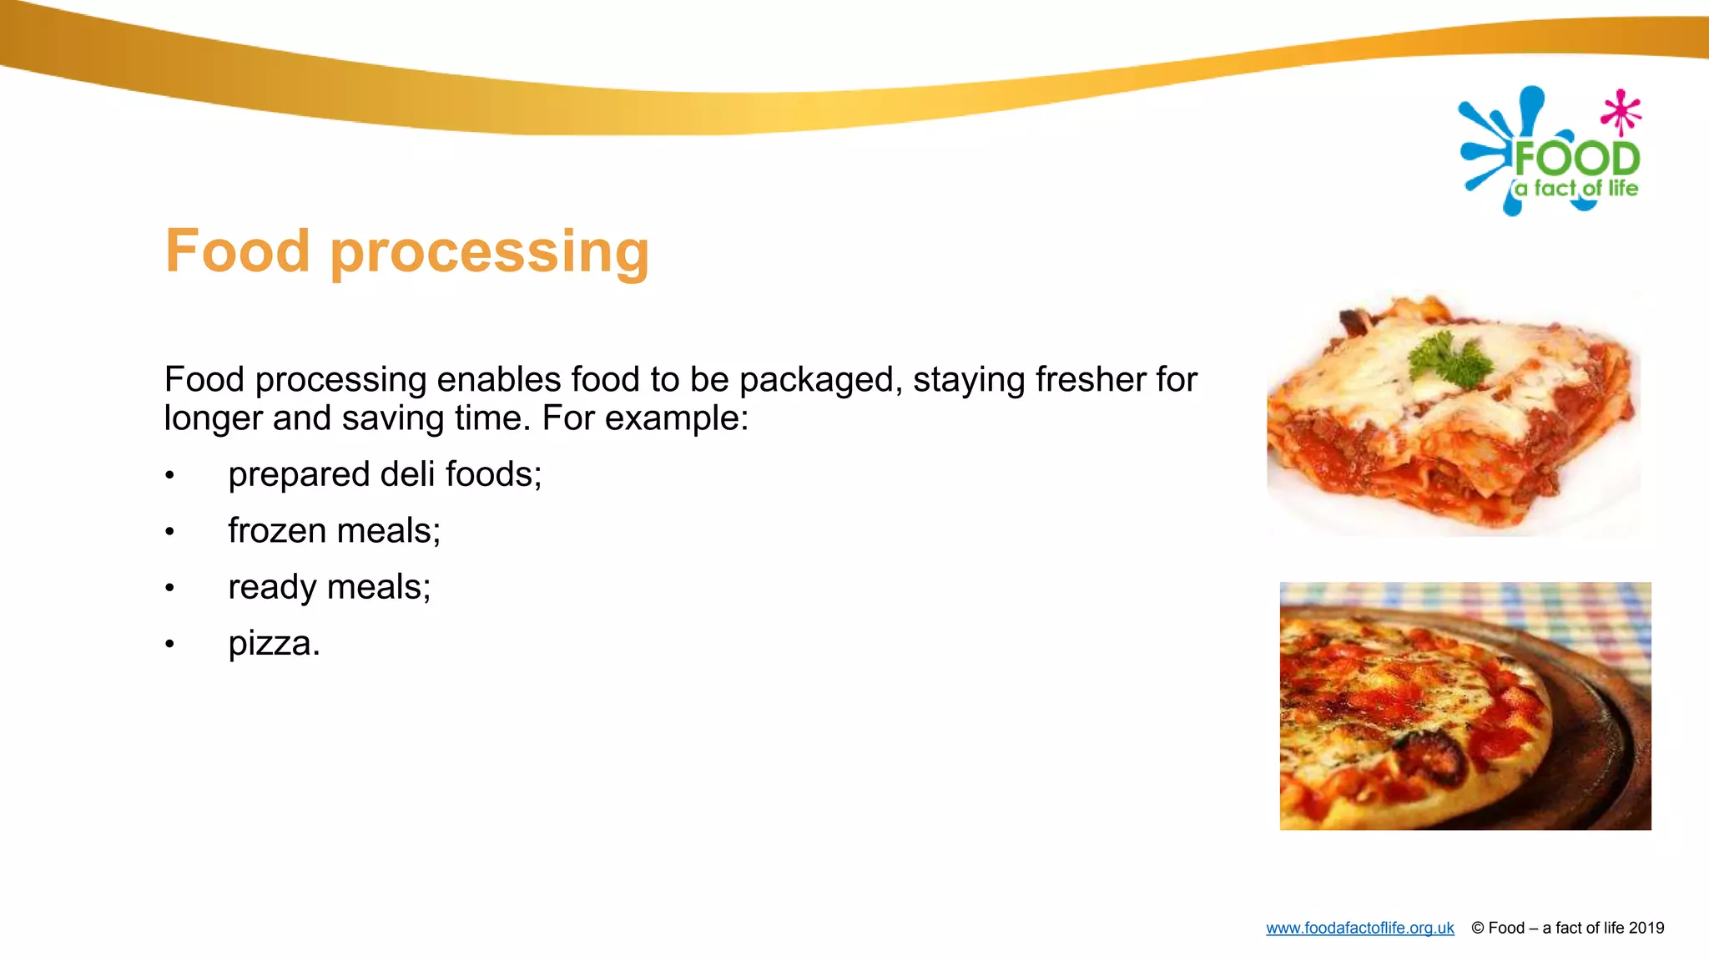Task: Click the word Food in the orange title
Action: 237,251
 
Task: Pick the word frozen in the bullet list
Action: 276,531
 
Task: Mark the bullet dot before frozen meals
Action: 169,532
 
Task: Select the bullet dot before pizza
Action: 169,644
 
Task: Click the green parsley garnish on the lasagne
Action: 1449,359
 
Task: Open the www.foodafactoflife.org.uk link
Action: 1359,928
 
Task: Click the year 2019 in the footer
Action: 1646,928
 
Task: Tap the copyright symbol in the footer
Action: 1477,928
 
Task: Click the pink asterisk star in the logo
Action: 1621,112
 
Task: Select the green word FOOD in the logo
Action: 1576,159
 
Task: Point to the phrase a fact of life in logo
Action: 1576,189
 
